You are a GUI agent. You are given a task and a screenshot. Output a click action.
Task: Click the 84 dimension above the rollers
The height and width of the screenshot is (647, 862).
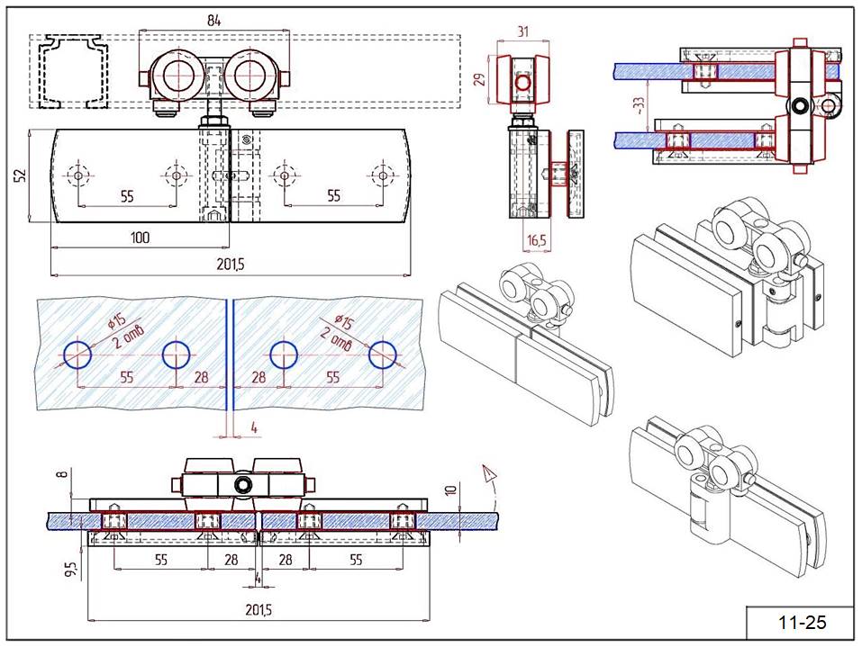coord(213,20)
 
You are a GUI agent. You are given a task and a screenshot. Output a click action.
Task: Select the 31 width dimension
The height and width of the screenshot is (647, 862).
coord(522,31)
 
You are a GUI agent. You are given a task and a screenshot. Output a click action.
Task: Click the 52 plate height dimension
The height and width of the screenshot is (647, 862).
coord(20,175)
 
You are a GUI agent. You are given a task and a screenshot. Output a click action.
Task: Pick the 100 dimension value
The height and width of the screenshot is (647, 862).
coord(141,238)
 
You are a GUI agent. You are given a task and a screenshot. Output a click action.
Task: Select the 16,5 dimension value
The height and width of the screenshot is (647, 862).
coord(536,241)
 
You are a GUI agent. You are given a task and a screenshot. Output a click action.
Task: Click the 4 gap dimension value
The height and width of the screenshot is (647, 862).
coord(255,428)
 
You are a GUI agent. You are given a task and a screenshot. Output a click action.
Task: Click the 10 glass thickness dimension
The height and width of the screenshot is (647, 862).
coord(451,491)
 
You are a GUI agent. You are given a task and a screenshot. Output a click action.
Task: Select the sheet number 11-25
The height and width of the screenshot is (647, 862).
coord(801,623)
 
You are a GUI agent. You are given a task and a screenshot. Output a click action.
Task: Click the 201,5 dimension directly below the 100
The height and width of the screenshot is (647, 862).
coord(231,264)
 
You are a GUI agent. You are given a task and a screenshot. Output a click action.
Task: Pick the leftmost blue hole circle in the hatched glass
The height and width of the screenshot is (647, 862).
coord(77,355)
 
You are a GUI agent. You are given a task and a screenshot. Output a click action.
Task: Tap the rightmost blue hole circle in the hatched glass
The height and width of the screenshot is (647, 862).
coord(384,355)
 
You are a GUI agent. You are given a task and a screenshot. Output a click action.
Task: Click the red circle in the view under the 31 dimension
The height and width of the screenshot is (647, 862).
coord(522,84)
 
